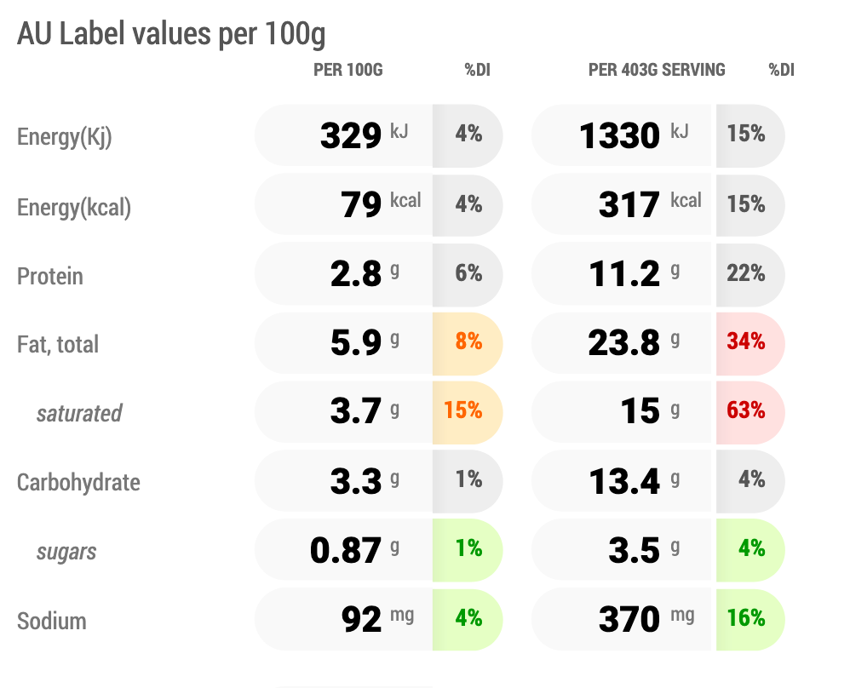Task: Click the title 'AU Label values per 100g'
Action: (171, 34)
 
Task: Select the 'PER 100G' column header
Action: (348, 70)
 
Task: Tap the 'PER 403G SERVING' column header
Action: (657, 70)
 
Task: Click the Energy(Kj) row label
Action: (65, 137)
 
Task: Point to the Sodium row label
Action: (51, 622)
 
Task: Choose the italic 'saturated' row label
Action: (79, 414)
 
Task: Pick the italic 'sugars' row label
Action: (66, 553)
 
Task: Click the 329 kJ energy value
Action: (365, 135)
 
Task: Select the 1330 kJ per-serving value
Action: (634, 135)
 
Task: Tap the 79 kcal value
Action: (381, 204)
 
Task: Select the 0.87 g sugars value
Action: (354, 550)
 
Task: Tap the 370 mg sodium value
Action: (646, 619)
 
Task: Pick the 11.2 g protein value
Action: (635, 273)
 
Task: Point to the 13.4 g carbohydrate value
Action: (635, 481)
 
